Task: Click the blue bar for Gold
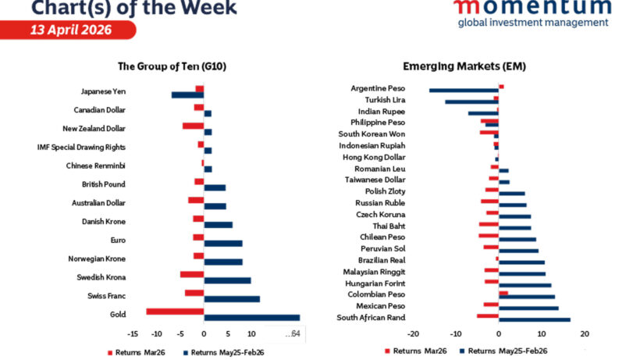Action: point(251,317)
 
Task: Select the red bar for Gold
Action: point(175,312)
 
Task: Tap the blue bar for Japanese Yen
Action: point(187,95)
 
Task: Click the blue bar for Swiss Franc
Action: point(231,298)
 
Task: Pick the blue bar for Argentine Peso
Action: point(464,91)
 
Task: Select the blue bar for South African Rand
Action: point(534,319)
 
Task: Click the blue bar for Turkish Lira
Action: point(471,102)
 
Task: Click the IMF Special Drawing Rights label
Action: point(81,147)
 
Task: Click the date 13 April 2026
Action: point(71,30)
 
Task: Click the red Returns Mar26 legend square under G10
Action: point(109,353)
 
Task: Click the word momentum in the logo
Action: point(532,7)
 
